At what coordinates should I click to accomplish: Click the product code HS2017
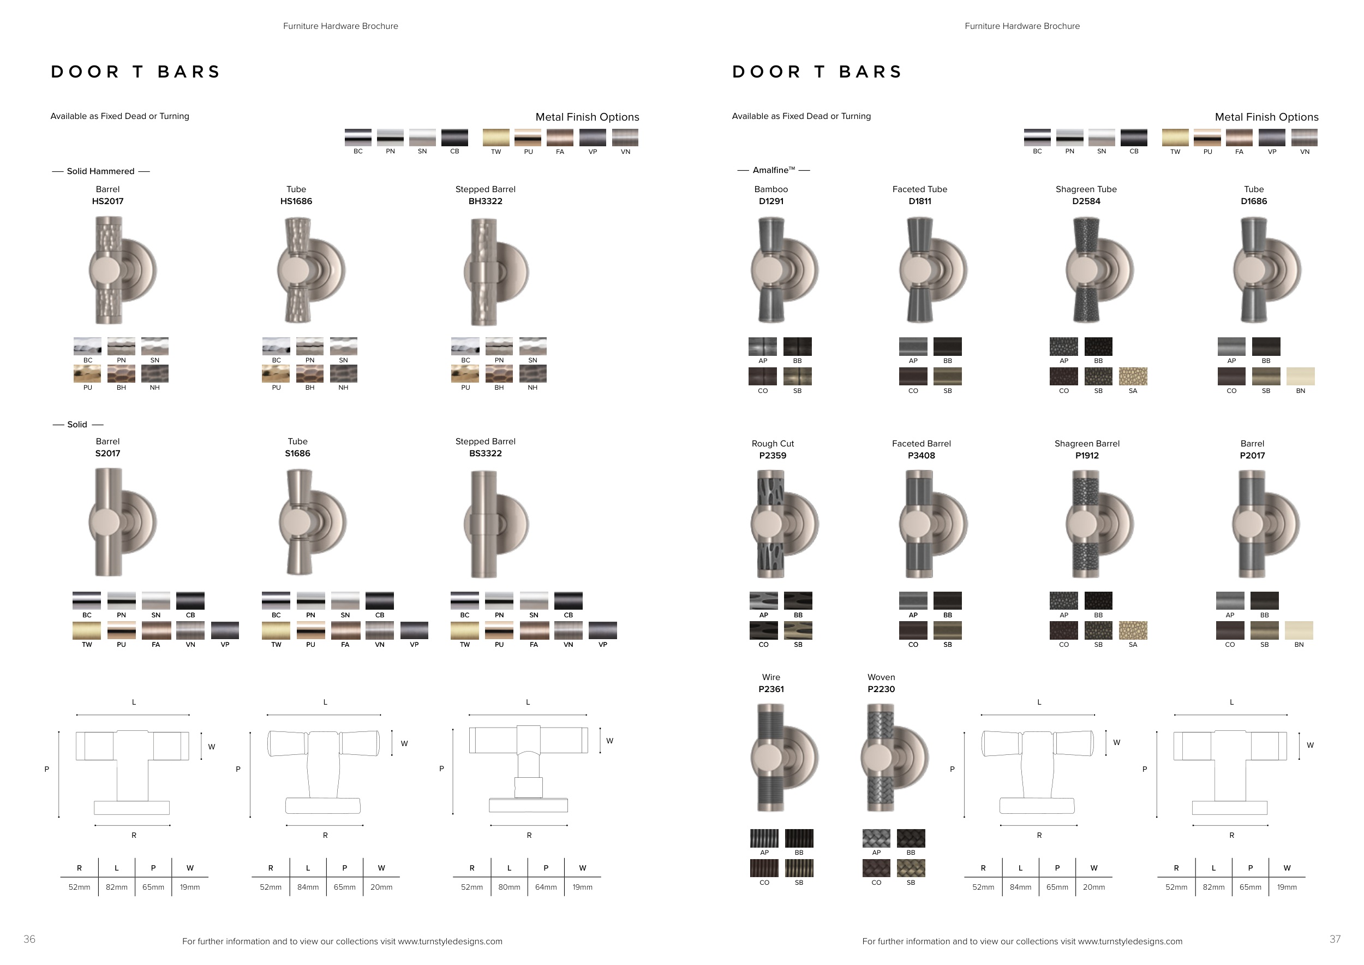coord(107,201)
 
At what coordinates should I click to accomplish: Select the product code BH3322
coord(486,201)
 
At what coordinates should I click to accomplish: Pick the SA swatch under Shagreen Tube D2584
coord(1133,376)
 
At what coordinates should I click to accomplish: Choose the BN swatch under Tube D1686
coord(1300,376)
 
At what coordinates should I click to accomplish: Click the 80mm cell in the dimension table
coord(509,887)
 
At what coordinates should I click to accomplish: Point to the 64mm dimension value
coord(546,887)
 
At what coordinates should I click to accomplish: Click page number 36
coord(29,939)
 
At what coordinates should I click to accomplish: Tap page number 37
coord(1335,939)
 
